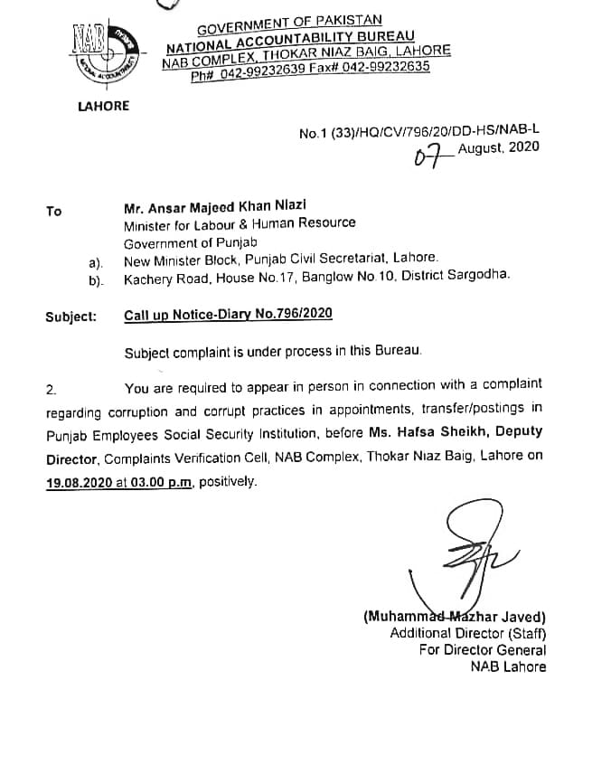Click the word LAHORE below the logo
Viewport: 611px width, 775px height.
[x=103, y=106]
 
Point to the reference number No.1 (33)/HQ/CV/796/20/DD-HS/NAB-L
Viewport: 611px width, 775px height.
[x=418, y=133]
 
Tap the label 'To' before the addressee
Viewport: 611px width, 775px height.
[x=54, y=212]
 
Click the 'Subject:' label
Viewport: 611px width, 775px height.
[x=70, y=316]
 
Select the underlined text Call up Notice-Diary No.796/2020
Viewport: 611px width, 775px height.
[x=228, y=314]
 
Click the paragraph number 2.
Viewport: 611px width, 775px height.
[x=52, y=390]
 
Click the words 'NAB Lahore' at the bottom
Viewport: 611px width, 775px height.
[x=508, y=666]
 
